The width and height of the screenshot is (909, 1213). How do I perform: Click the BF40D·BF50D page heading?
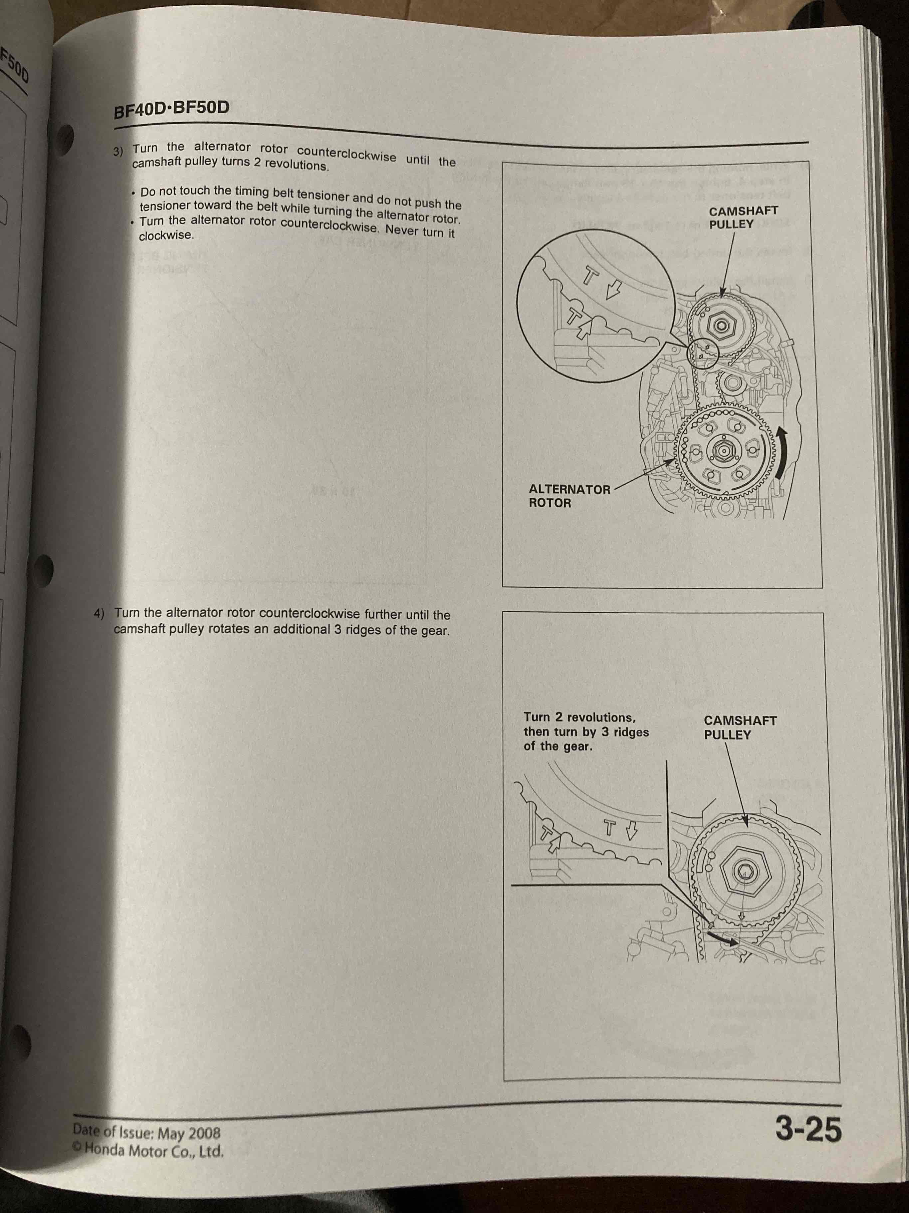point(171,109)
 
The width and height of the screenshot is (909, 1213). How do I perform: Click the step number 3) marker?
point(118,151)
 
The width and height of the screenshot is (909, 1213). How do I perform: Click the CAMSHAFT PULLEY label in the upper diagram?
point(743,217)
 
